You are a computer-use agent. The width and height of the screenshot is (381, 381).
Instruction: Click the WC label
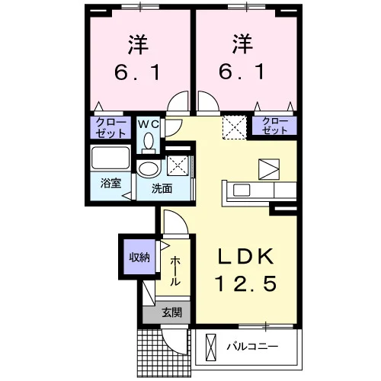coord(149,124)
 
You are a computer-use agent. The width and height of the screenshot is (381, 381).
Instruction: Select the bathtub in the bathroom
coord(110,158)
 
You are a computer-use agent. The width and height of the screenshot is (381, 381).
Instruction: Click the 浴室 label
coord(110,184)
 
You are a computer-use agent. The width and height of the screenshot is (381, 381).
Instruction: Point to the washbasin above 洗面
coord(149,169)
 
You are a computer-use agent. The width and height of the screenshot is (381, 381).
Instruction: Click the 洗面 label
coord(162,189)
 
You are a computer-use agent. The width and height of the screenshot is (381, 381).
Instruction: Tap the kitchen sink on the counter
coord(242,190)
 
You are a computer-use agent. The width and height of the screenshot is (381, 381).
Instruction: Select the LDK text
coord(246,257)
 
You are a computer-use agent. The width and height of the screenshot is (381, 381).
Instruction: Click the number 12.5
coord(246,283)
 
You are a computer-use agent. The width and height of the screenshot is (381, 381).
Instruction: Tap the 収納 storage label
coord(139,258)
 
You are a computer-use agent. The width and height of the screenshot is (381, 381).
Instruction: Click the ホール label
coord(175,271)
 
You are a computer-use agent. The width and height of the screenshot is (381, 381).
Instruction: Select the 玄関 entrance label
coord(172,312)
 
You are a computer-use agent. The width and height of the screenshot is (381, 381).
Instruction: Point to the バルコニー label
coord(252,347)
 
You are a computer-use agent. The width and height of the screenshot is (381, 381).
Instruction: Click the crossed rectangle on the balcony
coord(210,347)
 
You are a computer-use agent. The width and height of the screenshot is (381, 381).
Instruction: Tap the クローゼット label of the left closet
coord(110,128)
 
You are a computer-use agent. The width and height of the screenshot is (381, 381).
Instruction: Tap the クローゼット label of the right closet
coord(274,126)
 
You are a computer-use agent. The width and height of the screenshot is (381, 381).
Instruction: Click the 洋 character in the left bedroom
coord(138,45)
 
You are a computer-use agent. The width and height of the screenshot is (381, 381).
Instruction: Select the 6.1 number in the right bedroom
coord(242,72)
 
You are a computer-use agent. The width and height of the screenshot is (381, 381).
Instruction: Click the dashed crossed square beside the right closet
coord(235,127)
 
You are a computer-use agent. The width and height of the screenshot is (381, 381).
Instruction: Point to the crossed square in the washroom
coord(178,165)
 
